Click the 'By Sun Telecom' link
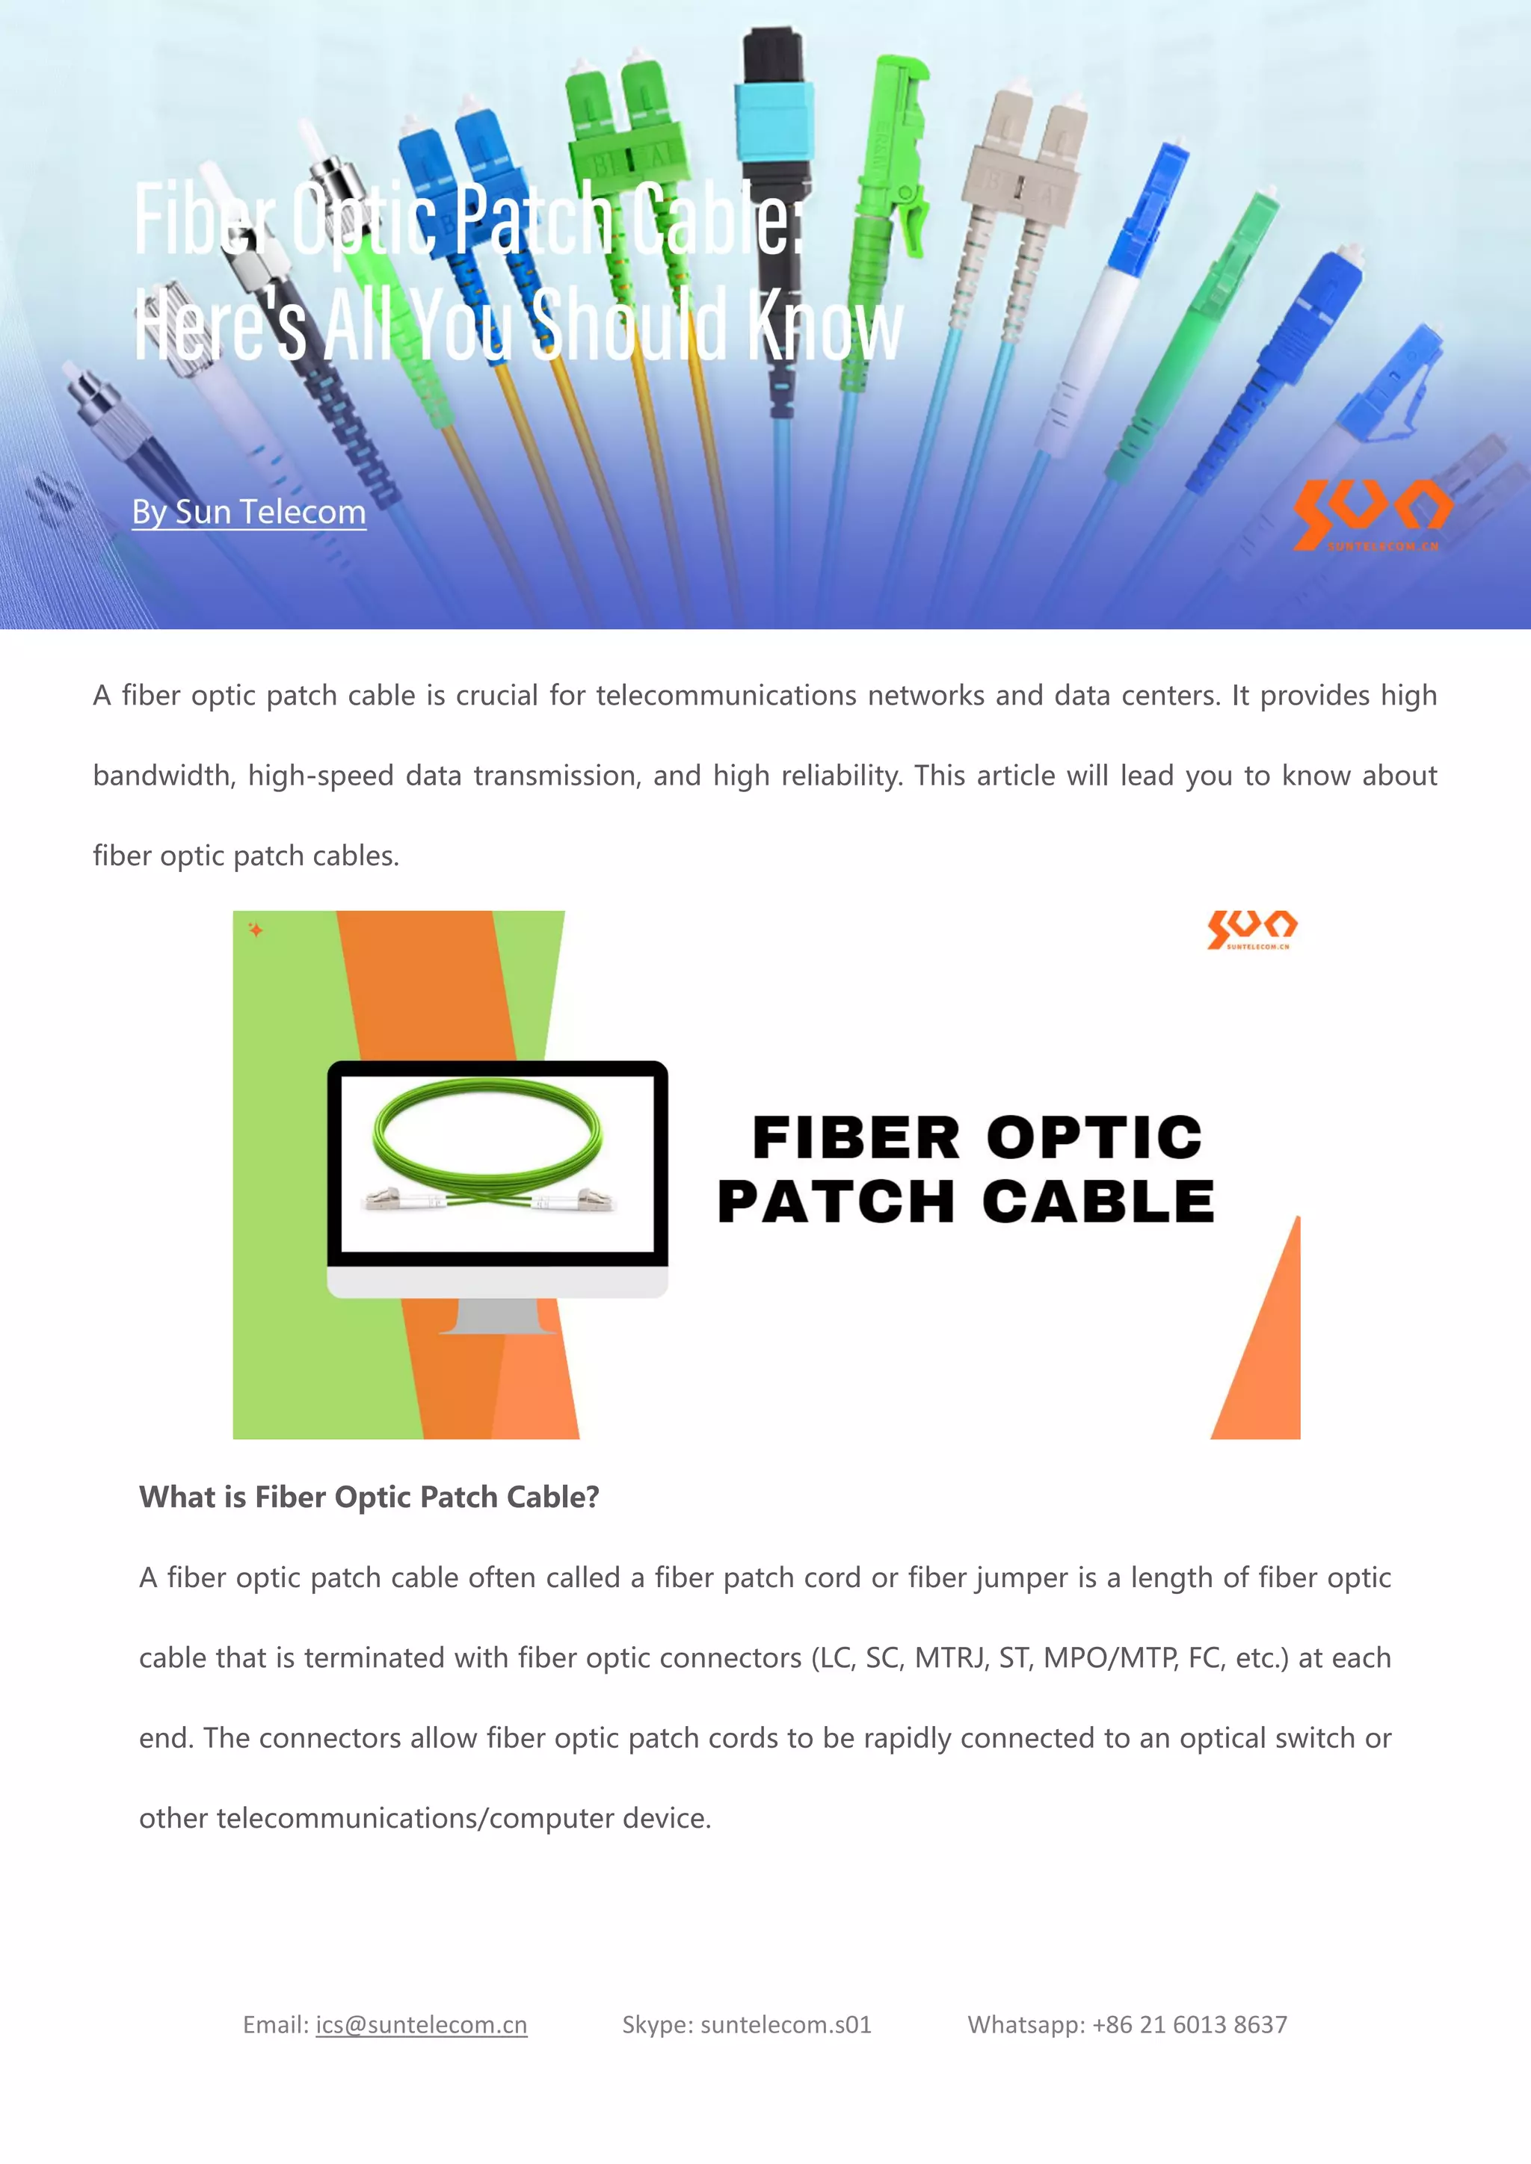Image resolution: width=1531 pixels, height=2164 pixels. [x=249, y=512]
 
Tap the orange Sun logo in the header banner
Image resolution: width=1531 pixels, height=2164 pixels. [x=1372, y=513]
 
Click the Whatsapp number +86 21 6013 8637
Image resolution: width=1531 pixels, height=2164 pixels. [x=1189, y=2024]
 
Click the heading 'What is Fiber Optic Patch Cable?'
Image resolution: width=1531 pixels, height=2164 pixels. [x=369, y=1497]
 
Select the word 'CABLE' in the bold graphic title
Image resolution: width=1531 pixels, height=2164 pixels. [x=1098, y=1202]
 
